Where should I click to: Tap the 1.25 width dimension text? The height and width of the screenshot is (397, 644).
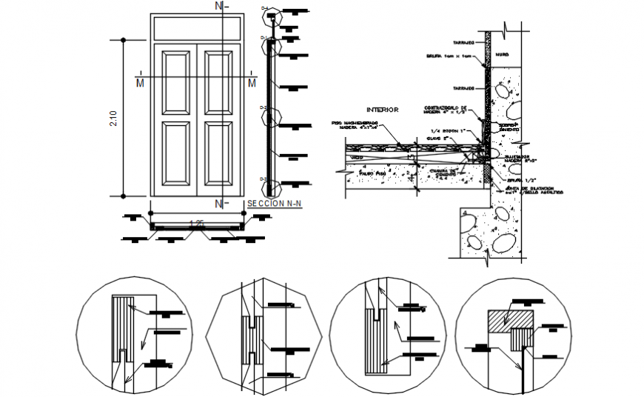tap(196, 223)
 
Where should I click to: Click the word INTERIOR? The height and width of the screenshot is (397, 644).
tap(382, 110)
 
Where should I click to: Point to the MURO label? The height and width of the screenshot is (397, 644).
tap(503, 54)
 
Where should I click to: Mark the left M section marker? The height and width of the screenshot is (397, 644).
tap(139, 81)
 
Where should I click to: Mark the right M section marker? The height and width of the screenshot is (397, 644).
tap(252, 81)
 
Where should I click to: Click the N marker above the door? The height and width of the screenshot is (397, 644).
tap(218, 6)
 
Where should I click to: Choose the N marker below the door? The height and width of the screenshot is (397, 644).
tap(218, 204)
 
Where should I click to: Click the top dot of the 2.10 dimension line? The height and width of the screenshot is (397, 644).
tap(124, 40)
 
